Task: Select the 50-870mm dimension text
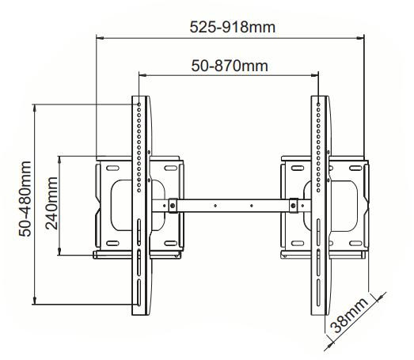point(230,66)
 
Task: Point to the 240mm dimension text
point(52,203)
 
